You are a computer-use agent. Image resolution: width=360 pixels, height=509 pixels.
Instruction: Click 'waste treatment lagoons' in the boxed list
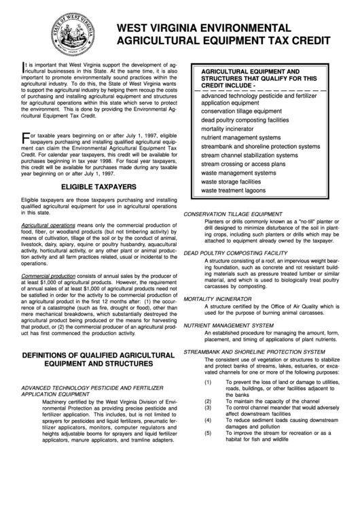coord(233,192)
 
